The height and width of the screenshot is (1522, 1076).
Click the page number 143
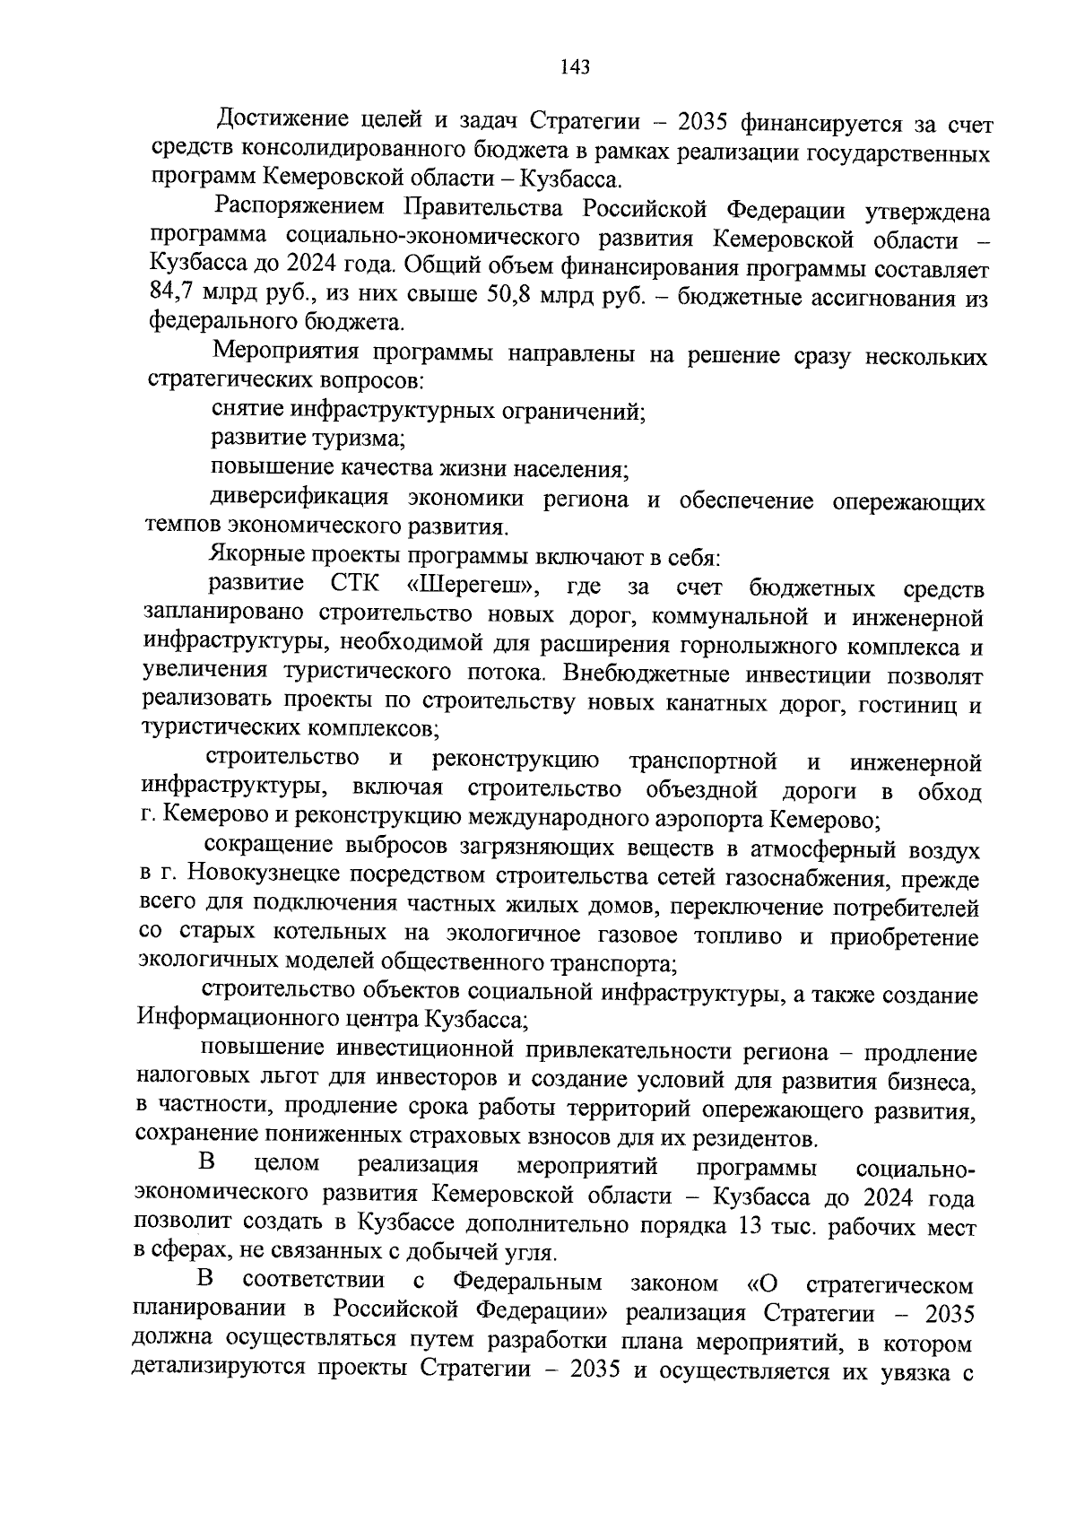click(x=573, y=68)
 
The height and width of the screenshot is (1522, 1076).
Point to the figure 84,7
click(x=168, y=294)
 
